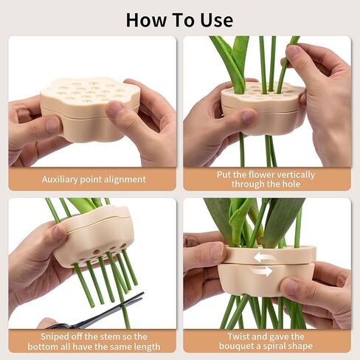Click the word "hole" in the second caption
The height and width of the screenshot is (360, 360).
pos(291,184)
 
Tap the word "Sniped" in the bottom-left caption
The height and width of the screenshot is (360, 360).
pos(55,336)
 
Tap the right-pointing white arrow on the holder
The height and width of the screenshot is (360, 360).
pos(260,271)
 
